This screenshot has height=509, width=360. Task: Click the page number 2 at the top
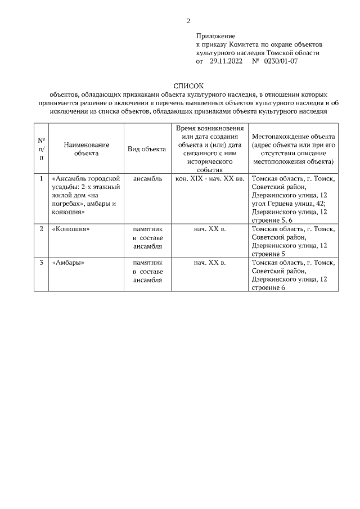(188, 21)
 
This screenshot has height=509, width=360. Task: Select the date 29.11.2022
(226, 61)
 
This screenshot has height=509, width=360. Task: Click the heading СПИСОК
(188, 85)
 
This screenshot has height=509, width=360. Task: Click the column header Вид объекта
(146, 149)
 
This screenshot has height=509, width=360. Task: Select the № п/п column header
(42, 148)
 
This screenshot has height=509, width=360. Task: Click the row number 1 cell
(42, 179)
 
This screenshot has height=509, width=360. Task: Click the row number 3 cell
(42, 263)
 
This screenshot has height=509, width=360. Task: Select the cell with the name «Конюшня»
(71, 229)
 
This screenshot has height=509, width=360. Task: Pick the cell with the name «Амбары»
(68, 263)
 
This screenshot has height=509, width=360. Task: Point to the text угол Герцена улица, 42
(289, 204)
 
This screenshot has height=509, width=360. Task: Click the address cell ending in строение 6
(293, 274)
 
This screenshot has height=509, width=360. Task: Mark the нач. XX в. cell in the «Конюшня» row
(209, 229)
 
